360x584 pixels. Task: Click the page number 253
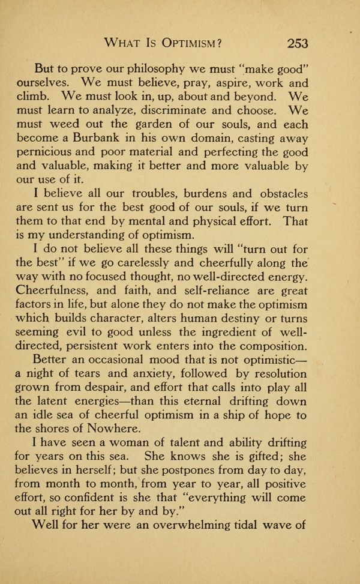click(x=298, y=43)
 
